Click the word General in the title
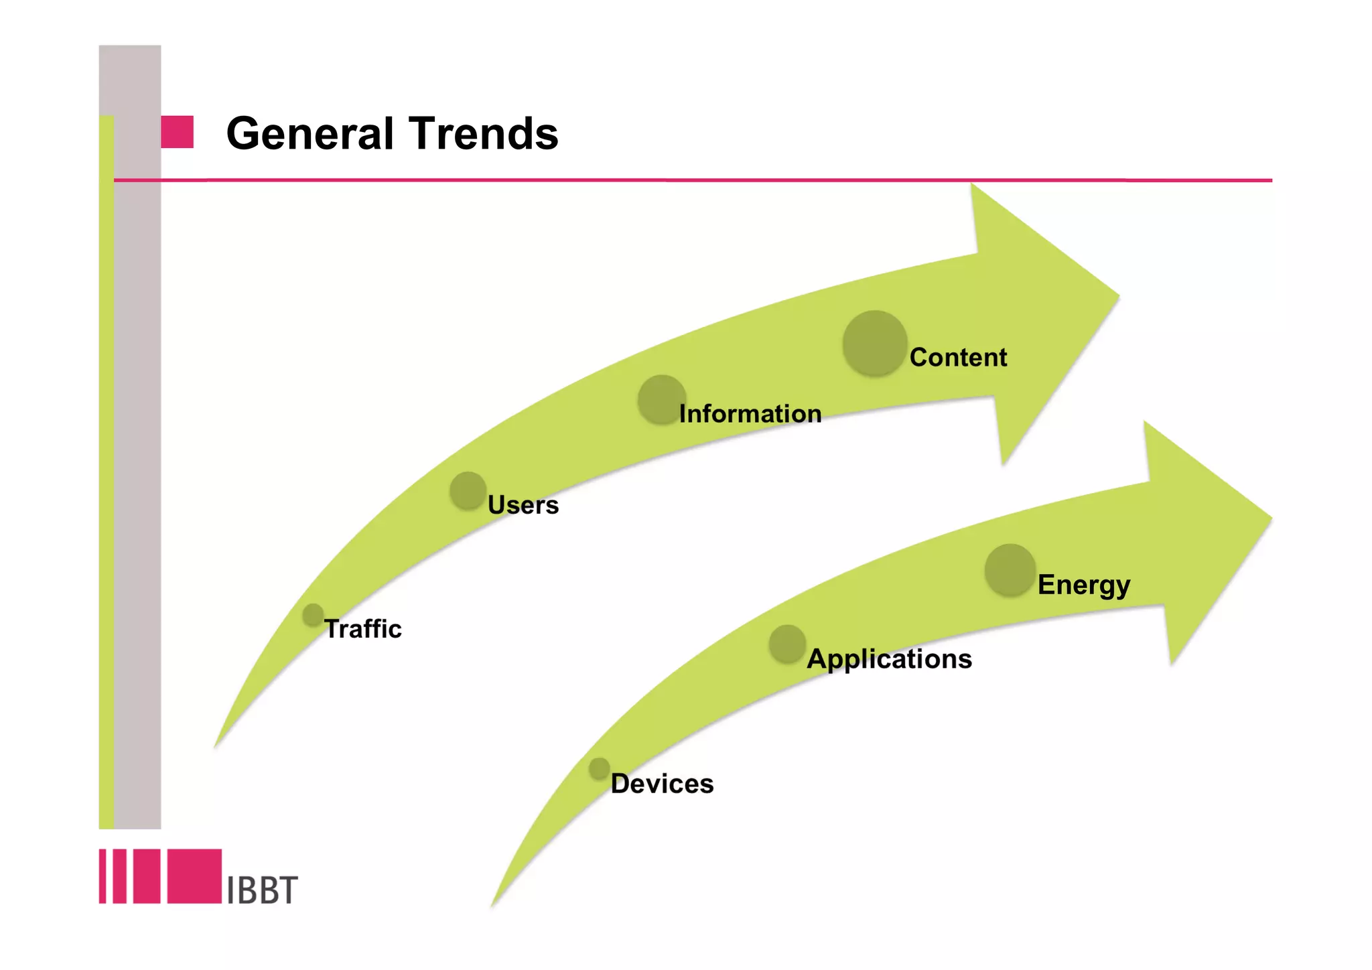310,133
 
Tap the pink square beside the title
177,132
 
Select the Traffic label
362,629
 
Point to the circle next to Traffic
313,615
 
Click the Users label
523,505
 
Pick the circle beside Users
468,490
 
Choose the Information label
750,414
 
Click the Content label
958,358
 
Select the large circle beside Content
874,343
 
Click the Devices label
662,784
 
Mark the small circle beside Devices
599,768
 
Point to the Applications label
889,659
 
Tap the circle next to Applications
787,644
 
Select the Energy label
1083,585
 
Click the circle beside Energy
1010,570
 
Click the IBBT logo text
262,890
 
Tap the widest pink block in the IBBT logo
194,876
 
